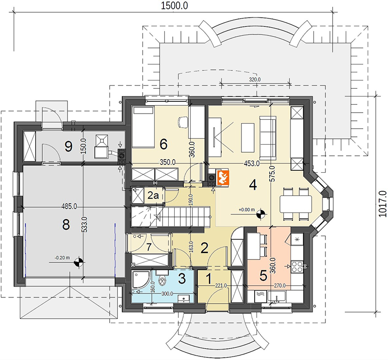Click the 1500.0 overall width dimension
click(x=174, y=5)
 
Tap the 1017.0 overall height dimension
click(x=383, y=204)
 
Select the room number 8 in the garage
click(x=66, y=225)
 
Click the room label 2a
click(x=153, y=196)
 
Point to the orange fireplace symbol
click(x=222, y=177)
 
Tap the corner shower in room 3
click(x=141, y=279)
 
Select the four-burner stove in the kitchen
click(x=297, y=266)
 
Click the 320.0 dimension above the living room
click(x=255, y=80)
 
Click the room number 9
click(x=68, y=147)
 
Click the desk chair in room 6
click(x=183, y=122)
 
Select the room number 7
click(x=148, y=247)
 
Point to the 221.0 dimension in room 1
click(x=221, y=285)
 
